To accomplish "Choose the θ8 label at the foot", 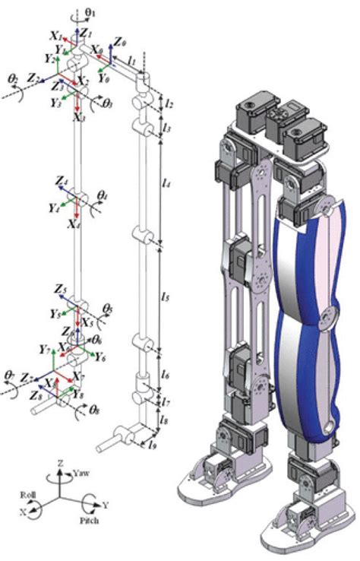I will [x=95, y=410].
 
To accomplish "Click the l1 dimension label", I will [x=131, y=59].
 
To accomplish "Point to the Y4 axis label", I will [x=53, y=207].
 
